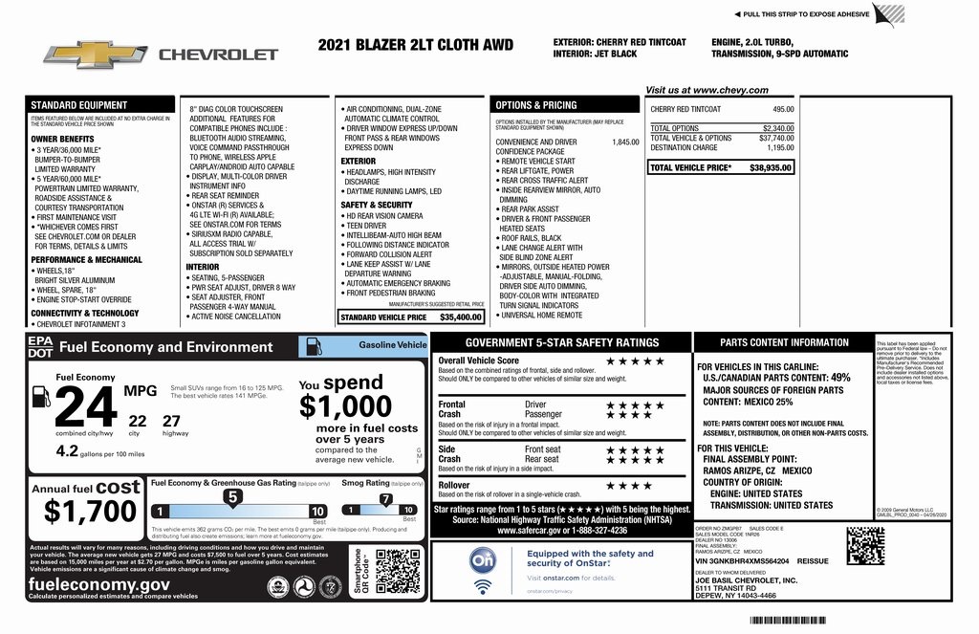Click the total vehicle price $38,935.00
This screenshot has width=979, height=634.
[x=771, y=167]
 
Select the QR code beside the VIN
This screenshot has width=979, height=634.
[x=864, y=545]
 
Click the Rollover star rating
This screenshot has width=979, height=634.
[x=627, y=485]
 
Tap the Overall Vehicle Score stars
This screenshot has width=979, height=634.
[x=635, y=361]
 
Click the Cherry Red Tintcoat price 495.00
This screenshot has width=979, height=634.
[x=783, y=109]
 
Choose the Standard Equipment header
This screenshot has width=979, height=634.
[x=78, y=105]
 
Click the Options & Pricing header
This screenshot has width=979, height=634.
[x=535, y=104]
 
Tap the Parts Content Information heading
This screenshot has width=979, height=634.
[x=784, y=342]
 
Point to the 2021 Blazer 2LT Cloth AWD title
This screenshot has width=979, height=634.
[x=415, y=45]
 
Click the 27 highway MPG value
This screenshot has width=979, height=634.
[x=172, y=420]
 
